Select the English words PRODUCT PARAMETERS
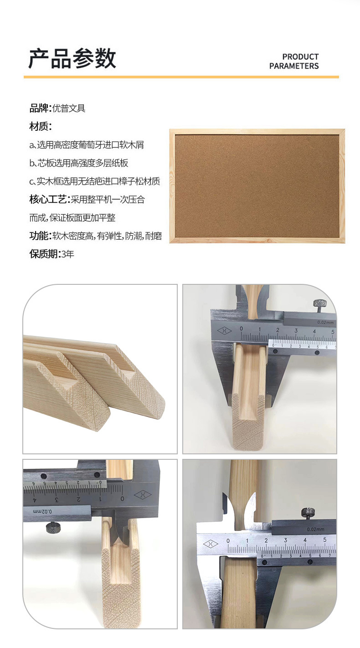pyautogui.click(x=294, y=62)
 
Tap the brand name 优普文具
pyautogui.click(x=69, y=108)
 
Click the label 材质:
pyautogui.click(x=41, y=126)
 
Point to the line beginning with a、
pyautogui.click(x=89, y=145)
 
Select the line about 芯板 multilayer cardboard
pyautogui.click(x=82, y=163)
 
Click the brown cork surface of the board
pyautogui.click(x=257, y=185)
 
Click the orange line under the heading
pyautogui.click(x=181, y=77)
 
